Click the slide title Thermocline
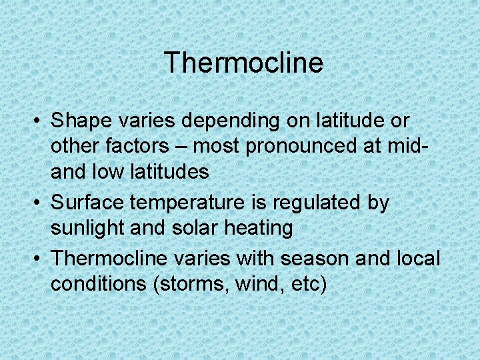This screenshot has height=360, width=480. [243, 63]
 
